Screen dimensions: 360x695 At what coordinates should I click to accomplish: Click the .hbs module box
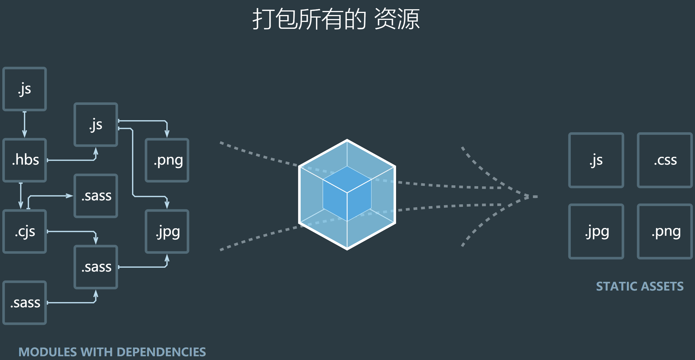tap(25, 160)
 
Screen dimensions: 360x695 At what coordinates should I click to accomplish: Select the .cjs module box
tap(25, 231)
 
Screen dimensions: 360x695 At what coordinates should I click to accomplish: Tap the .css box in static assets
tap(665, 160)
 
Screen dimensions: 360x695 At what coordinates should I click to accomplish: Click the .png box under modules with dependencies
tap(167, 160)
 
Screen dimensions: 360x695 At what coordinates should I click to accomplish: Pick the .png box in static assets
tap(665, 231)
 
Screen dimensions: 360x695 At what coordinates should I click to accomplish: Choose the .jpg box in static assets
tap(596, 231)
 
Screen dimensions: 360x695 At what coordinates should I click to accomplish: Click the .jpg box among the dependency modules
tap(167, 231)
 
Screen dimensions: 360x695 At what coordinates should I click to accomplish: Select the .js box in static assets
tap(596, 160)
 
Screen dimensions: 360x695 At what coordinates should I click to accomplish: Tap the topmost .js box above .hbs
tap(25, 89)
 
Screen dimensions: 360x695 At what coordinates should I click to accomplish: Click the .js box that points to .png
tap(96, 125)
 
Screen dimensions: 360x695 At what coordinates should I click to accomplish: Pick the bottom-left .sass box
tap(25, 303)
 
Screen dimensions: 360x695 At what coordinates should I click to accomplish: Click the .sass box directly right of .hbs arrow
tap(96, 196)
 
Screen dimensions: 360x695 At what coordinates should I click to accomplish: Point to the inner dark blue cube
tap(347, 194)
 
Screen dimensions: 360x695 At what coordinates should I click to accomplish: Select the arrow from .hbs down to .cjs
tap(21, 196)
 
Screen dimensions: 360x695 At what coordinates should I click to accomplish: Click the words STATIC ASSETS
tap(640, 287)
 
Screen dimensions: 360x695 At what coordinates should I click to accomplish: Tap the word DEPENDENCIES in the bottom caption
tap(161, 352)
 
